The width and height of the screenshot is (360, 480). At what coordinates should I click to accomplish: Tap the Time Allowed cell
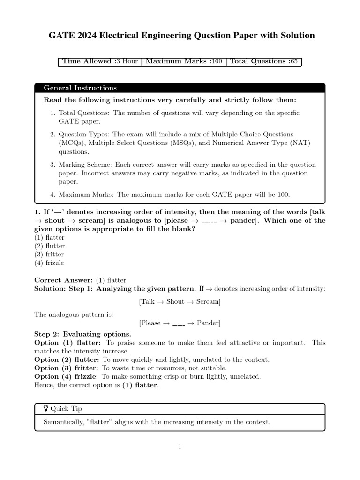(x=100, y=61)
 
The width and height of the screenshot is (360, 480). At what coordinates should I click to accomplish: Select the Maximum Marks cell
(x=184, y=61)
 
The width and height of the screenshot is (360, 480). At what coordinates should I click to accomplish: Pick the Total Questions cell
(x=263, y=61)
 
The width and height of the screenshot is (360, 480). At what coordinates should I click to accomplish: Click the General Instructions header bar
(x=180, y=88)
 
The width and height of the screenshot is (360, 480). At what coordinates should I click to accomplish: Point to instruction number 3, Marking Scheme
(x=183, y=173)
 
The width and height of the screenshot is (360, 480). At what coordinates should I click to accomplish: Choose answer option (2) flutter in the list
(x=49, y=246)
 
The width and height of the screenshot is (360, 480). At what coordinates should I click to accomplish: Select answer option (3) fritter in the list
(x=49, y=254)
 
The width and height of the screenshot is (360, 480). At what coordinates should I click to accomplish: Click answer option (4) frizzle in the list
(x=49, y=262)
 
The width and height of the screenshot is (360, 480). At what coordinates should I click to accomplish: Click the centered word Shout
(x=175, y=301)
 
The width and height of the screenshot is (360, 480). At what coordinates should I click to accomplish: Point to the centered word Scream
(x=207, y=301)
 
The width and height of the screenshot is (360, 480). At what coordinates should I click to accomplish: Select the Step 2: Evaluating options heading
(x=82, y=334)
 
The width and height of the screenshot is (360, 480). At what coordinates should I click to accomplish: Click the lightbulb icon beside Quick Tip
(x=46, y=409)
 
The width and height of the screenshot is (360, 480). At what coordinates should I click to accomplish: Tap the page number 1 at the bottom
(x=180, y=447)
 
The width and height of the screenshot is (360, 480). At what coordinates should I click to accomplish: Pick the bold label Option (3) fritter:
(x=67, y=368)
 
